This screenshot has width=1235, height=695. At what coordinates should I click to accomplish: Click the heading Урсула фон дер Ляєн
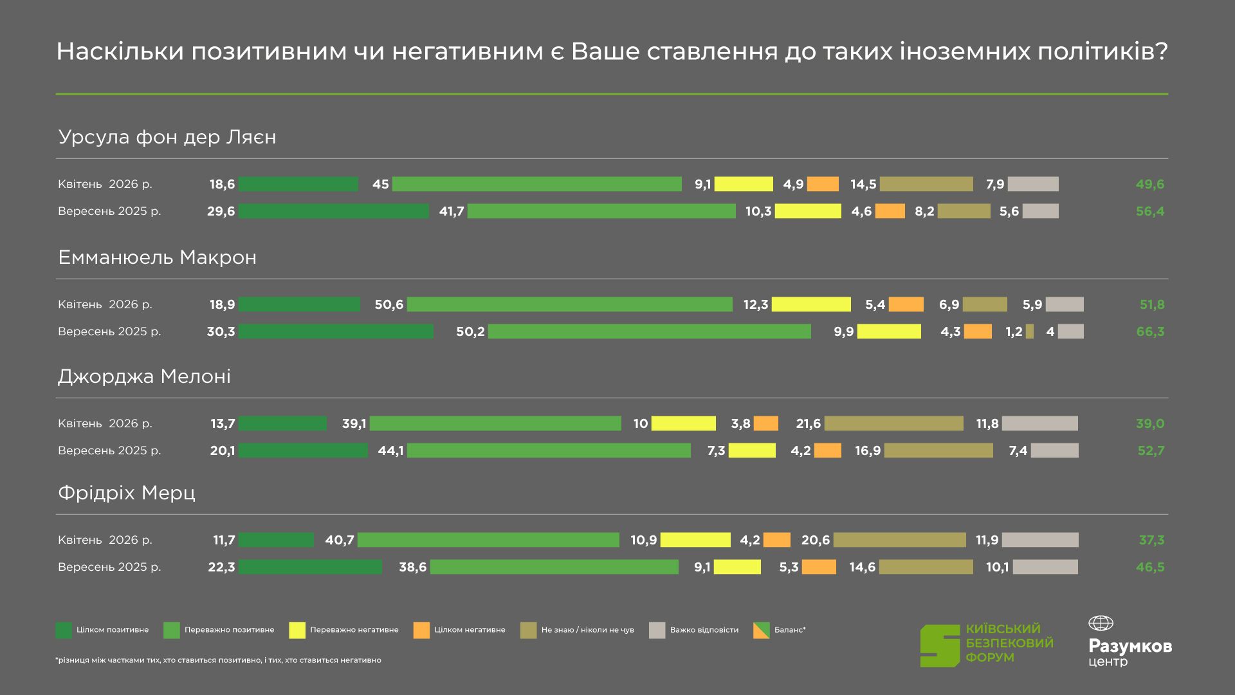click(x=167, y=137)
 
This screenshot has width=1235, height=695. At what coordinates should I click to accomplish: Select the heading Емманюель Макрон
click(x=158, y=257)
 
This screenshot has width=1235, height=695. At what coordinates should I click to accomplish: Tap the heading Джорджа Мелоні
click(x=144, y=376)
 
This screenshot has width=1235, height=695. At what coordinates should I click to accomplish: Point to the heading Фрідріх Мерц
click(x=127, y=493)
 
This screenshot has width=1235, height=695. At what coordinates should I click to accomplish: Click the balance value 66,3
click(x=1150, y=332)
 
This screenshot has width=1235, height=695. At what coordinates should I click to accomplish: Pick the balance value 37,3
click(x=1151, y=541)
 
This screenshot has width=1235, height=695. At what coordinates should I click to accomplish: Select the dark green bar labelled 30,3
click(x=336, y=331)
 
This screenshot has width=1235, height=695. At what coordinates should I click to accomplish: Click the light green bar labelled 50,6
click(x=569, y=304)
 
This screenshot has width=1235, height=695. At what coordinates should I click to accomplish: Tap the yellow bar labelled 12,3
click(x=811, y=304)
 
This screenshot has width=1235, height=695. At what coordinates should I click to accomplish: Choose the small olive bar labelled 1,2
click(x=1030, y=331)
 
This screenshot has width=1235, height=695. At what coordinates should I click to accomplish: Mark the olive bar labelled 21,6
click(x=893, y=423)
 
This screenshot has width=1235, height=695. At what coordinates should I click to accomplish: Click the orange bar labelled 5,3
click(x=819, y=567)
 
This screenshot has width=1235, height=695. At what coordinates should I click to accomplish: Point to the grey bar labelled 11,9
click(x=1040, y=540)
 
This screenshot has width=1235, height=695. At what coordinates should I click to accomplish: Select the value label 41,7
click(x=452, y=212)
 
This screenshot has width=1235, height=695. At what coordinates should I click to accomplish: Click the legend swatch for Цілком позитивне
click(x=64, y=630)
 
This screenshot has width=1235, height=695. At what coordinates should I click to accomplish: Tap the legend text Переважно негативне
click(x=354, y=630)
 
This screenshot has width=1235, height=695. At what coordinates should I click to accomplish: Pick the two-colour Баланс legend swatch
click(x=761, y=630)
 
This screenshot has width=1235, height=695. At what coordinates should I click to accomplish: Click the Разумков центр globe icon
click(x=1101, y=623)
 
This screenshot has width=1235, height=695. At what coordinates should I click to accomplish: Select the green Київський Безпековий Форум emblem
click(x=940, y=645)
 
